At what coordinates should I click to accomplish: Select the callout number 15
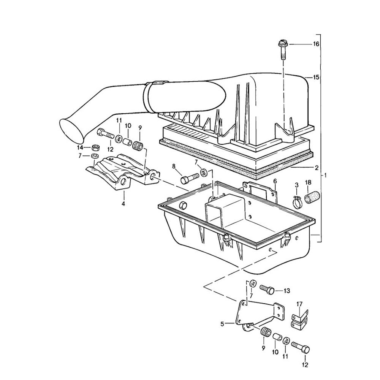[x=316, y=77]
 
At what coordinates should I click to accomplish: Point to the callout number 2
[x=316, y=167]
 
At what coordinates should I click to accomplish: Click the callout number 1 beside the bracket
[x=326, y=176]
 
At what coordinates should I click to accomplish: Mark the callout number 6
[x=275, y=181]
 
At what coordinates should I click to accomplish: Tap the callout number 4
[x=123, y=204]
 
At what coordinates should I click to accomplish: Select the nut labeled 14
[x=95, y=147]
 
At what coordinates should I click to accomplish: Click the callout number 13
[x=287, y=291]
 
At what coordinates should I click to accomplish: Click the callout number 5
[x=222, y=324]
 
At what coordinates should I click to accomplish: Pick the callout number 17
[x=299, y=304]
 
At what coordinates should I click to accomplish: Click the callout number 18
[x=308, y=183]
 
